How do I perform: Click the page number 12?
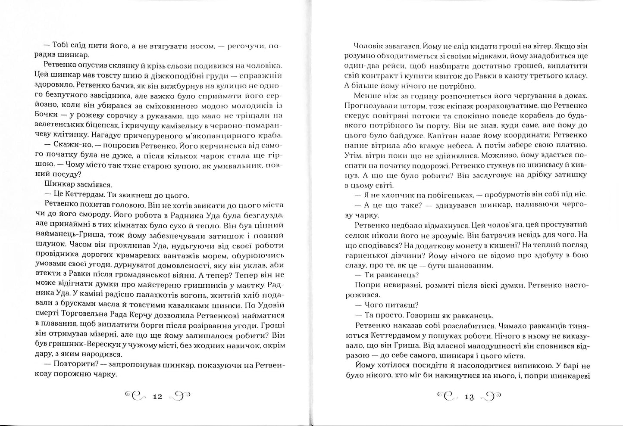[157, 396]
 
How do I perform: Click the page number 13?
[469, 397]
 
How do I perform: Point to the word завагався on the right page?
[399, 46]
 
